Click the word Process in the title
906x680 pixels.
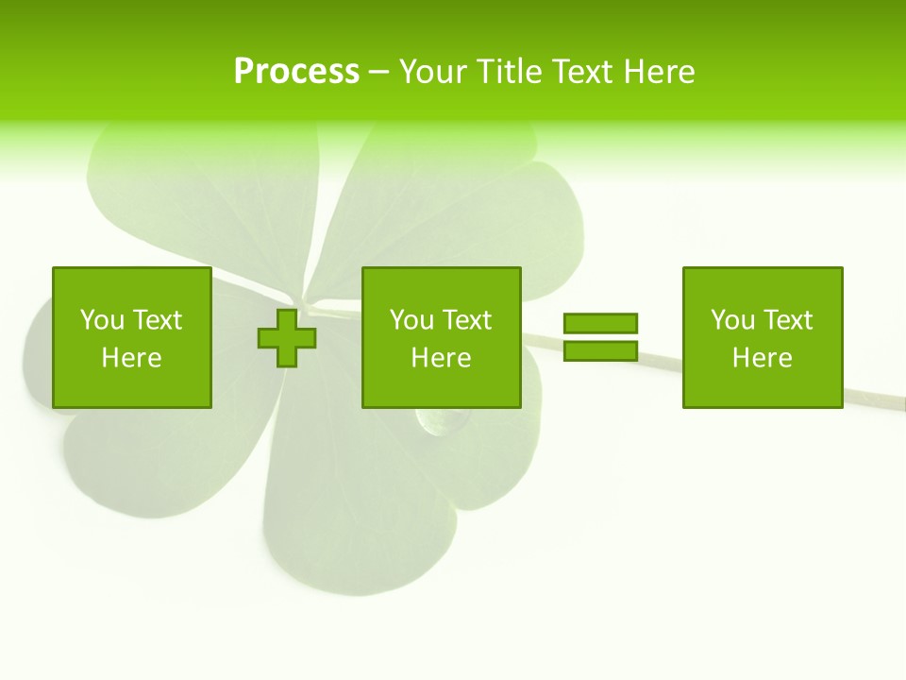pyautogui.click(x=296, y=72)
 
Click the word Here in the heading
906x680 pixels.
pyautogui.click(x=661, y=72)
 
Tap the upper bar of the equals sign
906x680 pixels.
pyautogui.click(x=600, y=323)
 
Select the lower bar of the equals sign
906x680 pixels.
pyautogui.click(x=600, y=351)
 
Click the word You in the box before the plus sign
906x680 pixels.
pyautogui.click(x=101, y=320)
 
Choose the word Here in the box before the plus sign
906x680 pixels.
pyautogui.click(x=131, y=358)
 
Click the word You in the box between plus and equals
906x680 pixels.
pyautogui.click(x=411, y=320)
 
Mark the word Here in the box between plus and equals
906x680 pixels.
pyautogui.click(x=441, y=358)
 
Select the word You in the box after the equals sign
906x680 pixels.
pyautogui.click(x=731, y=320)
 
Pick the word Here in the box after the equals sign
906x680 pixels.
pyautogui.click(x=762, y=358)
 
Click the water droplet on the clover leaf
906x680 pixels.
pyautogui.click(x=440, y=421)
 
